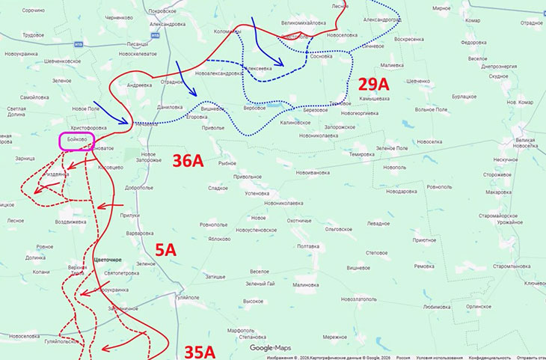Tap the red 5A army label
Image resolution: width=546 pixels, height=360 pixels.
[165, 249]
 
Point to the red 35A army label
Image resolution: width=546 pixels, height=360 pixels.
[200, 350]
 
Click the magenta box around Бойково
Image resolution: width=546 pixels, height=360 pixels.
[76, 141]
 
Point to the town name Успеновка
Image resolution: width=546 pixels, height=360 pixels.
[252, 192]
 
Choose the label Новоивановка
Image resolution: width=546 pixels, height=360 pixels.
[312, 173]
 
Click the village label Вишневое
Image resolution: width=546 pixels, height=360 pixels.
[213, 109]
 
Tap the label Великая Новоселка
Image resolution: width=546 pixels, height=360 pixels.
[529, 144]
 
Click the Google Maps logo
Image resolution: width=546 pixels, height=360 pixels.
[271, 347]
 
